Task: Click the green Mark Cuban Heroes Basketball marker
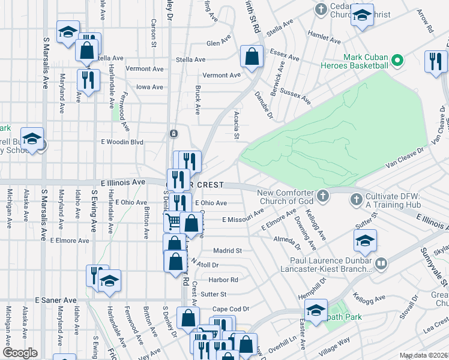pyautogui.click(x=396, y=61)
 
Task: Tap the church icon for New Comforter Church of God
pyautogui.click(x=323, y=196)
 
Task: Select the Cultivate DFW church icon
pyautogui.click(x=355, y=199)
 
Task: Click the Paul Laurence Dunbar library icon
pyautogui.click(x=380, y=264)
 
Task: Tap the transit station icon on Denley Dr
pyautogui.click(x=173, y=133)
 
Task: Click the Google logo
pyautogui.click(x=20, y=353)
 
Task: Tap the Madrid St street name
pyautogui.click(x=228, y=250)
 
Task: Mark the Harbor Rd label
pyautogui.click(x=223, y=280)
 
